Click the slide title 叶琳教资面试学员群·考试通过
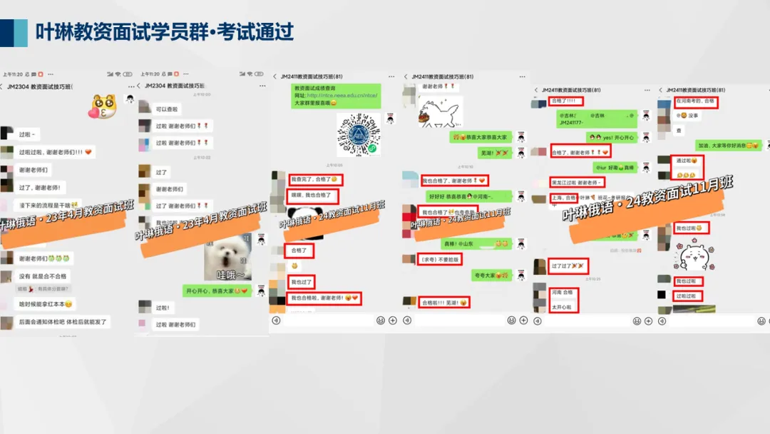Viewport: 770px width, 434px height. pos(165,32)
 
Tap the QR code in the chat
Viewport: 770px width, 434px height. pos(358,134)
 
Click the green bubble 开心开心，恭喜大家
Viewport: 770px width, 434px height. pos(217,291)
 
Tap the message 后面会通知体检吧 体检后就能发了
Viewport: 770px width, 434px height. pos(63,322)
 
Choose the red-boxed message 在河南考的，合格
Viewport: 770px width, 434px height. pos(695,102)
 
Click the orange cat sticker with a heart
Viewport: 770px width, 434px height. pos(103,107)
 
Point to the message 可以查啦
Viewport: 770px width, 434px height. pos(168,109)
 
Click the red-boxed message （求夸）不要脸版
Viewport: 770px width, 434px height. pos(440,259)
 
